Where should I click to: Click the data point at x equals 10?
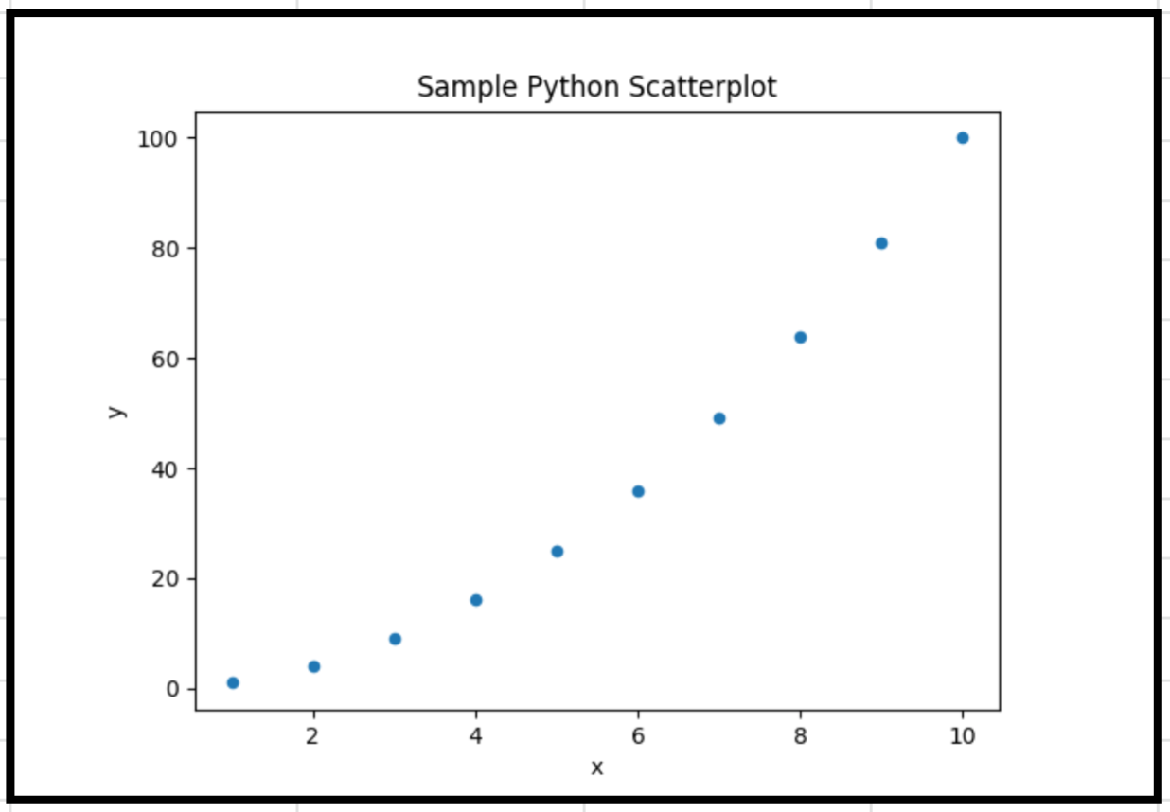click(963, 138)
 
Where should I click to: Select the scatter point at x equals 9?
click(881, 243)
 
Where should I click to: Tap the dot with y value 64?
click(801, 337)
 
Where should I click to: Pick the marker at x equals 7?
click(719, 418)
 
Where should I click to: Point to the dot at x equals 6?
click(638, 491)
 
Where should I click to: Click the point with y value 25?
click(558, 552)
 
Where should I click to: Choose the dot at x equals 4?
click(476, 600)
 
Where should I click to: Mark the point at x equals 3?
click(396, 639)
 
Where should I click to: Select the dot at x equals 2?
click(314, 666)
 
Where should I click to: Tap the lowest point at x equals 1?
click(233, 682)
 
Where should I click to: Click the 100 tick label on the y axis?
click(157, 139)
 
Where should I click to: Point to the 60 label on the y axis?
click(165, 360)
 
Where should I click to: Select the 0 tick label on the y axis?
click(172, 689)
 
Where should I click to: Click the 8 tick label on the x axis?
click(800, 735)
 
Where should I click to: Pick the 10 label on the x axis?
click(962, 735)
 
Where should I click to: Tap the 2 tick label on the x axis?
click(312, 735)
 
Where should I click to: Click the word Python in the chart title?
click(574, 87)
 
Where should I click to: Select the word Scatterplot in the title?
click(703, 87)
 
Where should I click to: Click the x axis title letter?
click(597, 768)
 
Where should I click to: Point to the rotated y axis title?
click(117, 412)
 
